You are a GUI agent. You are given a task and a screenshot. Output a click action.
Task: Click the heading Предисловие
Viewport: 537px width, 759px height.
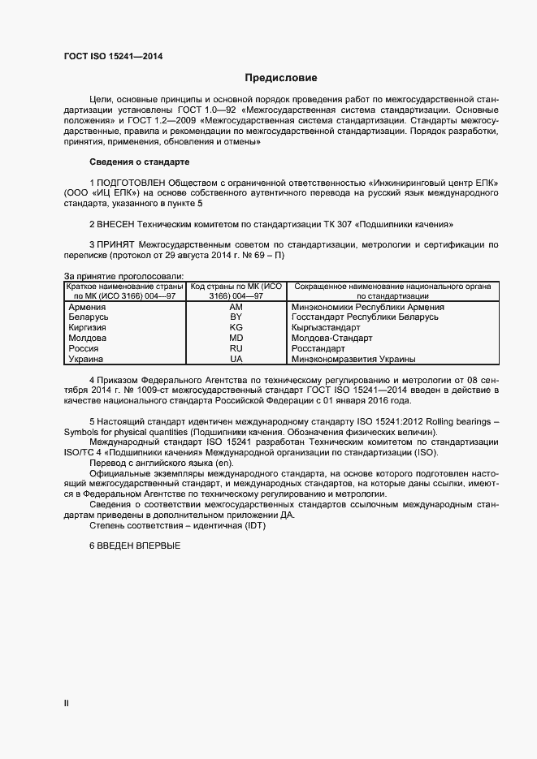281,78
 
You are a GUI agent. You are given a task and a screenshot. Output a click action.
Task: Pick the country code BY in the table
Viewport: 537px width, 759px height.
236,317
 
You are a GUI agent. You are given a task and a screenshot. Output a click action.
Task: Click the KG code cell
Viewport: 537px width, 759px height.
236,328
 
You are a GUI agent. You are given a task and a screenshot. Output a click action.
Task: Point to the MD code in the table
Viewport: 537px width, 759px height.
236,339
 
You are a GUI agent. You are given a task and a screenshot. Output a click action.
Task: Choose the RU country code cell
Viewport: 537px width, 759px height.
236,348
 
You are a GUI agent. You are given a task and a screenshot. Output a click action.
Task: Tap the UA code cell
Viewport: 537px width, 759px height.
236,359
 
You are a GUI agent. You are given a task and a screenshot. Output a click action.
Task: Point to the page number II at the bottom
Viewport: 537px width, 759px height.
67,703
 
